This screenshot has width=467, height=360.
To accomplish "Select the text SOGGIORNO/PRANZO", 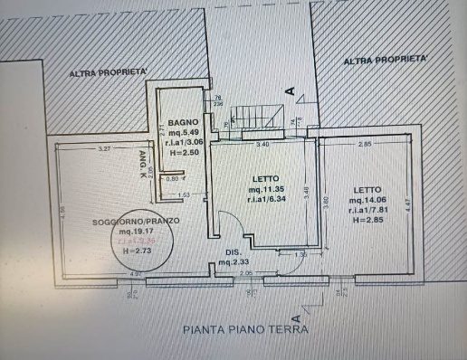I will pos(129,222).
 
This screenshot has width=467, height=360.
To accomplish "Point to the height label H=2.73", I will pos(135,251).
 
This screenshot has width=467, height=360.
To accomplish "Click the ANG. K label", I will pos(143,162).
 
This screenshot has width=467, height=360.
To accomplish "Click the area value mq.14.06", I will pos(371,201).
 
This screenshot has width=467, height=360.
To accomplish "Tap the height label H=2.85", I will pos(370,221).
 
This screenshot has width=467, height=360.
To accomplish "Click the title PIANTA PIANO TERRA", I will pos(244,330).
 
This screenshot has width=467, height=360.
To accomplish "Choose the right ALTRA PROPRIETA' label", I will pos(385,61).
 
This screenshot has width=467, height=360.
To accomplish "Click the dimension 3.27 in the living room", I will pos(104,147).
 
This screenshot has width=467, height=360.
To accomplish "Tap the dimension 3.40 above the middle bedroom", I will pos(262,144).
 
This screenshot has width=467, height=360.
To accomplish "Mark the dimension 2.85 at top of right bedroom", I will pos(363,144).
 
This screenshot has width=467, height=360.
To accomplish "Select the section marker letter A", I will pos(291,90).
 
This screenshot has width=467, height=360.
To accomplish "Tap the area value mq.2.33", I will pos(234,262).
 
